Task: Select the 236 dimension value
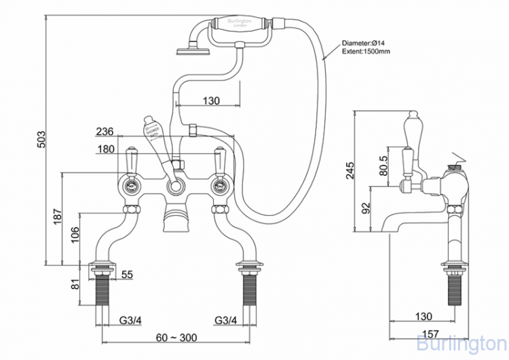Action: (105, 131)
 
